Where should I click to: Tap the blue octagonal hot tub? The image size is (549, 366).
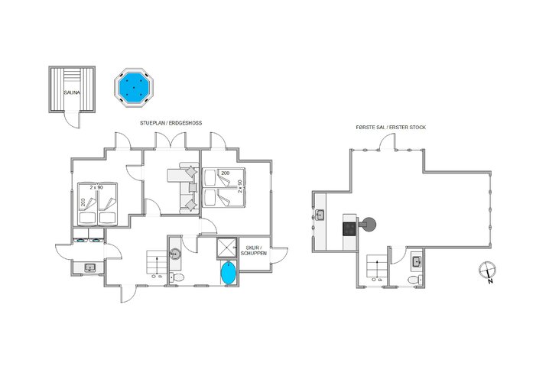(135, 89)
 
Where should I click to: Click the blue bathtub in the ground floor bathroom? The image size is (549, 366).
(228, 274)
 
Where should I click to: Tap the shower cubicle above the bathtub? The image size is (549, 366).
(227, 248)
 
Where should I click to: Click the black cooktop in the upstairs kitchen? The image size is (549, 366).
(350, 227)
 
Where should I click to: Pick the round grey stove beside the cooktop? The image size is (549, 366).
(370, 225)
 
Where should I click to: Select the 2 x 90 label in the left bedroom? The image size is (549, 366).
(96, 187)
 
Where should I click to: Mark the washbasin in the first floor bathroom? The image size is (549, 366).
(417, 262)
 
